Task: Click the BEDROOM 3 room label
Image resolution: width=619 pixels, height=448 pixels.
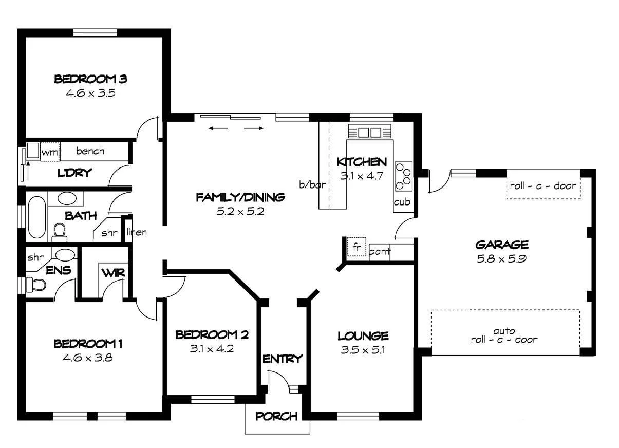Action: pos(90,79)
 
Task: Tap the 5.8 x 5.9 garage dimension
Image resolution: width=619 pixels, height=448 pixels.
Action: pos(501,257)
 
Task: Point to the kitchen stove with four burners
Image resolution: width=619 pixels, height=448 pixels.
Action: pos(403,174)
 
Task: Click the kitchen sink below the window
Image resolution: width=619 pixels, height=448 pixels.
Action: pos(370,133)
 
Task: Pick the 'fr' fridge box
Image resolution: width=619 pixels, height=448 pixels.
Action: pos(355,247)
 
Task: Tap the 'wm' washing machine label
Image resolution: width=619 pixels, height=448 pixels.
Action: pos(49,152)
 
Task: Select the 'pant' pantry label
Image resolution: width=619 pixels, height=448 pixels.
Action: pos(380,252)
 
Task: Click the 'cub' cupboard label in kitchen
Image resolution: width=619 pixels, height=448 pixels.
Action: pos(402,202)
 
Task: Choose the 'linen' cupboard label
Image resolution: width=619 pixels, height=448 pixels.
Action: pos(137,233)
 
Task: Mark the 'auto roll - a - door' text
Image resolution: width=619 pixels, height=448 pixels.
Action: pos(504,335)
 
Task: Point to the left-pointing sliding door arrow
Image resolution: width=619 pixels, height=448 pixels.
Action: pos(219,128)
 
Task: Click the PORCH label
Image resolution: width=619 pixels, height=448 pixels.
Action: pos(276,416)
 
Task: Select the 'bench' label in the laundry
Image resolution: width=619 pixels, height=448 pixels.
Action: pos(90,151)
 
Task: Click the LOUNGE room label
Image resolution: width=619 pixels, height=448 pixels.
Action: pos(363,336)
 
